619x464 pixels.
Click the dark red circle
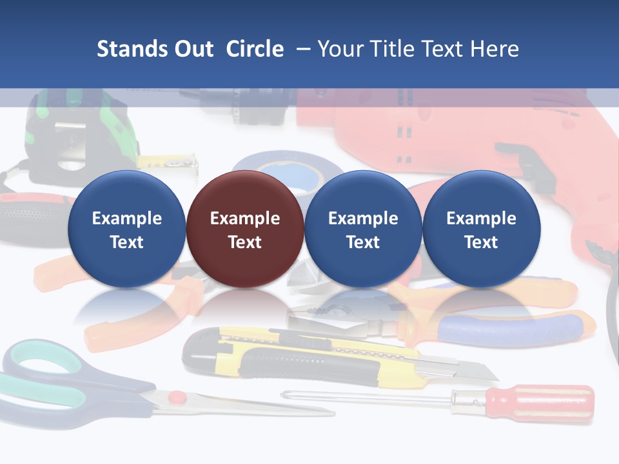point(244,229)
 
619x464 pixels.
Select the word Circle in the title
point(255,49)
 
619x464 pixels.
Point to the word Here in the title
point(493,49)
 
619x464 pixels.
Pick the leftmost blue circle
point(126,229)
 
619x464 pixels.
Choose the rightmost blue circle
point(481,229)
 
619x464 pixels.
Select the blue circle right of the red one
point(363,229)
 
